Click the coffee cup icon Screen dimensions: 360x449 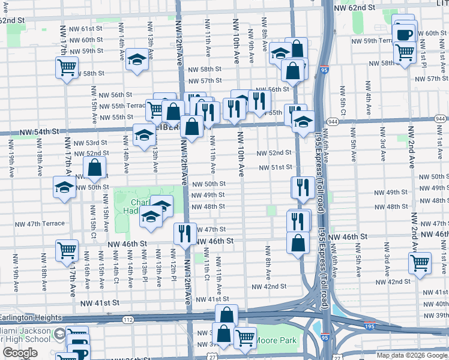coord(405,34)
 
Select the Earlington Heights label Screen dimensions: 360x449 coord(31,317)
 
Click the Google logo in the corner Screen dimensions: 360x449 coord(20,353)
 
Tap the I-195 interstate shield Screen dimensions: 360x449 coord(369,325)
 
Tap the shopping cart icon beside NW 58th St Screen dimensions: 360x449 coord(67,67)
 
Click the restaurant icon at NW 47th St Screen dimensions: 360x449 coord(184,233)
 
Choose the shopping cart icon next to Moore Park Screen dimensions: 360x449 coord(244,336)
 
